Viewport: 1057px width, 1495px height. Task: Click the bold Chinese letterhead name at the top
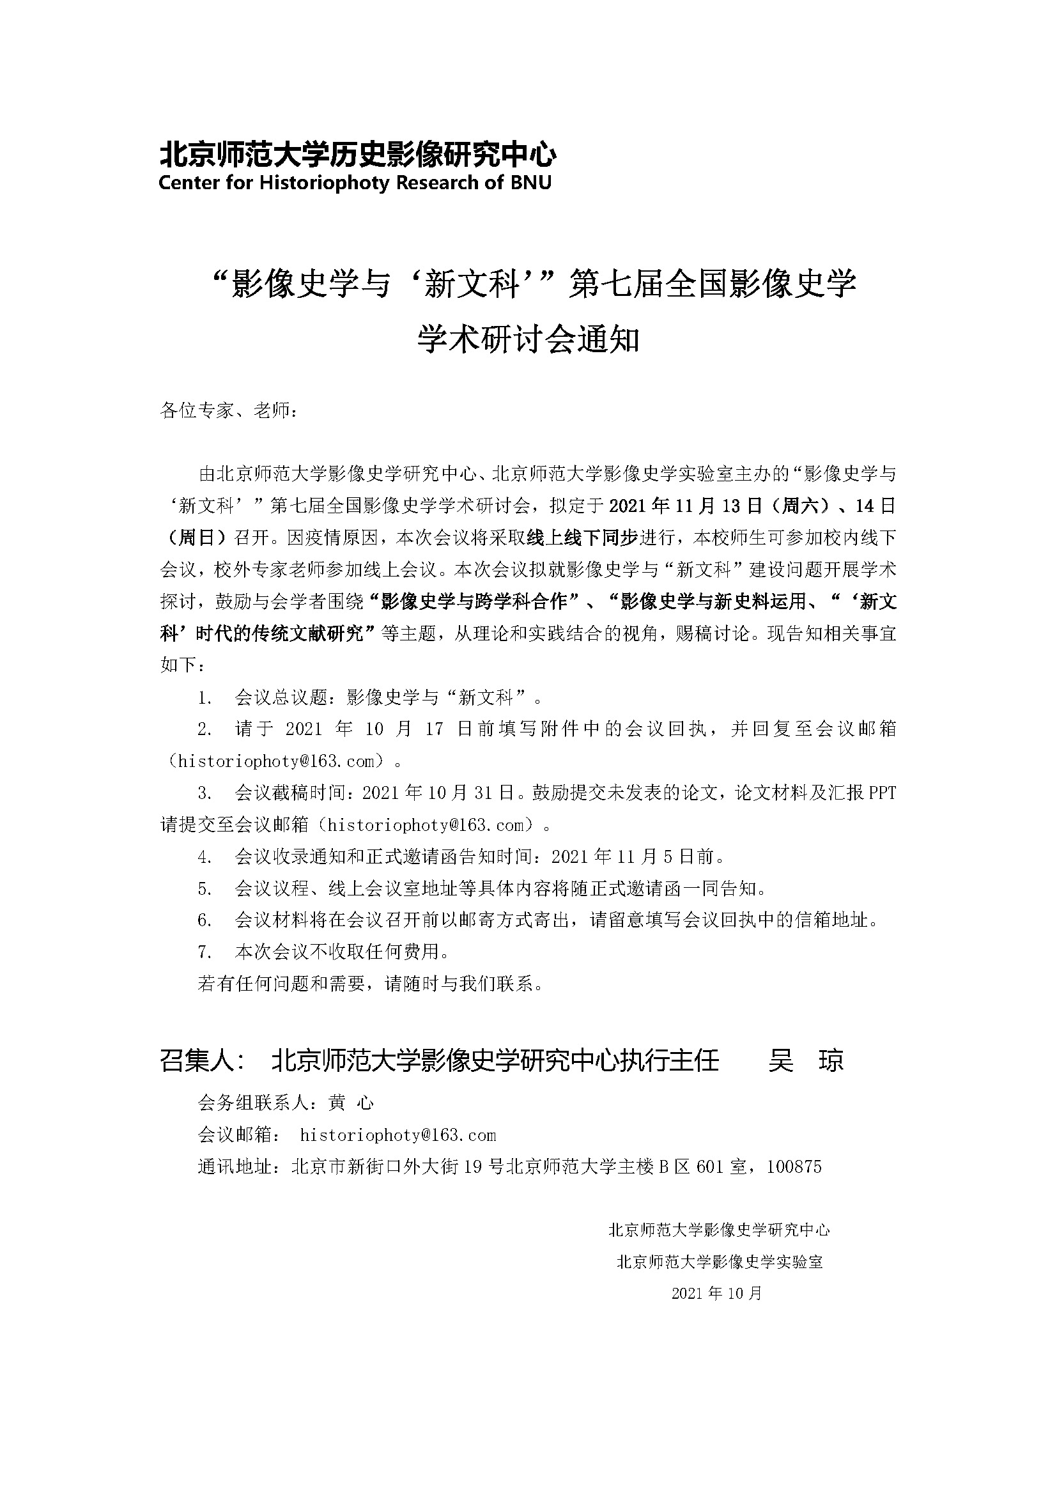[357, 154]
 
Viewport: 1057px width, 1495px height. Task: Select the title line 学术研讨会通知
[528, 339]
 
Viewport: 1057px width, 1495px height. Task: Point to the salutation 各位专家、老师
[229, 411]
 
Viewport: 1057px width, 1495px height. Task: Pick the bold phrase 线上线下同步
[581, 538]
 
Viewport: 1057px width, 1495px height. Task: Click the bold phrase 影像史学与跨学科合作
[474, 601]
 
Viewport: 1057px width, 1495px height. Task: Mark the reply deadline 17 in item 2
[434, 729]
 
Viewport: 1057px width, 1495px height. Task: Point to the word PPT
[883, 793]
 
